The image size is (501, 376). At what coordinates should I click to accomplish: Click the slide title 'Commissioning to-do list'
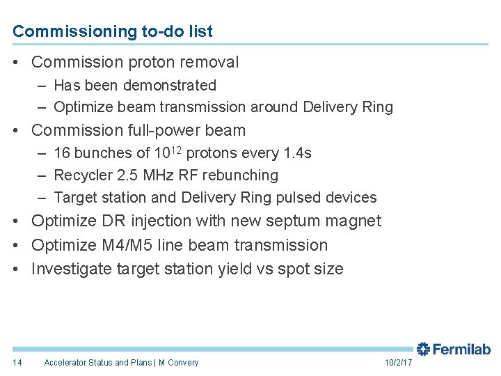pyautogui.click(x=113, y=31)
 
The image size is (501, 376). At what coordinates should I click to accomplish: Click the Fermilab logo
pyautogui.click(x=454, y=349)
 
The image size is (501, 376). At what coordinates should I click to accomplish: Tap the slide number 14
pyautogui.click(x=17, y=362)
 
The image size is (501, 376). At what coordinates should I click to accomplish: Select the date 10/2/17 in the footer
pyautogui.click(x=399, y=362)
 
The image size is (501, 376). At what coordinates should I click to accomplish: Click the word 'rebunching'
pyautogui.click(x=240, y=175)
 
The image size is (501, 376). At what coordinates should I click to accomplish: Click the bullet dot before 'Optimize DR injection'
pyautogui.click(x=16, y=221)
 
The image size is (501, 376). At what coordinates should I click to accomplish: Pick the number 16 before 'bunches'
pyautogui.click(x=61, y=153)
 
